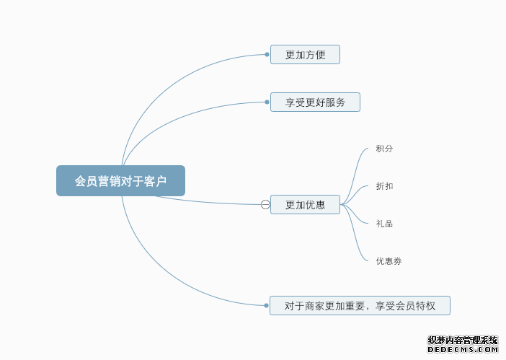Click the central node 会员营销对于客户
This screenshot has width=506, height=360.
coord(120,181)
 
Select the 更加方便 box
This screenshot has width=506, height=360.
coord(305,55)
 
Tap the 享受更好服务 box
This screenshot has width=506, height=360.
coord(315,102)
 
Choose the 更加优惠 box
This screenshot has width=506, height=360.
coord(305,205)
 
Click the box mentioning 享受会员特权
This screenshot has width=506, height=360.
coord(360,305)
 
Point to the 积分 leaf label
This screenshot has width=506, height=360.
coord(384,149)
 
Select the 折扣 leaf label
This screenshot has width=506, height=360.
coord(384,186)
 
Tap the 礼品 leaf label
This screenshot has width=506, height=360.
coord(384,224)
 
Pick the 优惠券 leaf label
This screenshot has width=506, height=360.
coord(389,261)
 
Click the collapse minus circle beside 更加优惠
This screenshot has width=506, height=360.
coord(265,205)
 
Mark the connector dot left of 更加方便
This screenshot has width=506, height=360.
coord(267,55)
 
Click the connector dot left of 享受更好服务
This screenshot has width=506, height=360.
coord(267,102)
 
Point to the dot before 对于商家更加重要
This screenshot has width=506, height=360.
coord(267,305)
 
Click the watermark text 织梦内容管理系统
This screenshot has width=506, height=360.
coord(463,340)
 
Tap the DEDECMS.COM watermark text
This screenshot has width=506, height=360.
coord(463,349)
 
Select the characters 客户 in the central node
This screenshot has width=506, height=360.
coord(155,181)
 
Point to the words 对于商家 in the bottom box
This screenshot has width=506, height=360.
coord(305,305)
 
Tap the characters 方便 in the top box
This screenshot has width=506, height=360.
coord(316,55)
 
